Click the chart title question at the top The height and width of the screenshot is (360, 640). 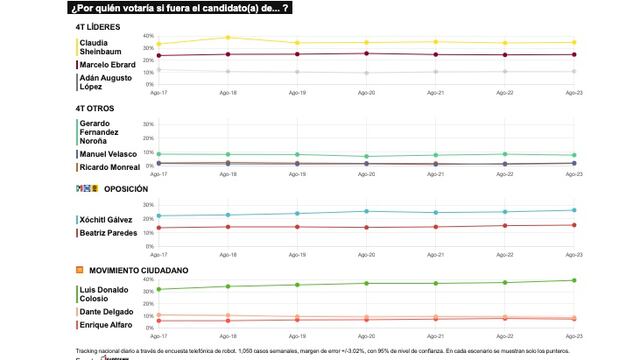click(181, 8)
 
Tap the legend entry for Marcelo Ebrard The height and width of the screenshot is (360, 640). click(108, 66)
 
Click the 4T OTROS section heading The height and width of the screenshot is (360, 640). click(95, 108)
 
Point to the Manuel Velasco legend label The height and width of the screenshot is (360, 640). click(109, 154)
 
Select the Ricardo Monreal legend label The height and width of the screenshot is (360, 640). click(109, 167)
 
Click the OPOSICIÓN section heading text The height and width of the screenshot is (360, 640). click(125, 189)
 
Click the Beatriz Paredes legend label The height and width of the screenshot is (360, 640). click(108, 232)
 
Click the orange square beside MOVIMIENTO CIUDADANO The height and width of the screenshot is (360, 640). click(79, 270)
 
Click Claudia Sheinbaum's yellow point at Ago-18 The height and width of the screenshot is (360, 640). click(227, 38)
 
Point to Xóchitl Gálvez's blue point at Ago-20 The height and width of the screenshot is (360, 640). click(366, 211)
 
